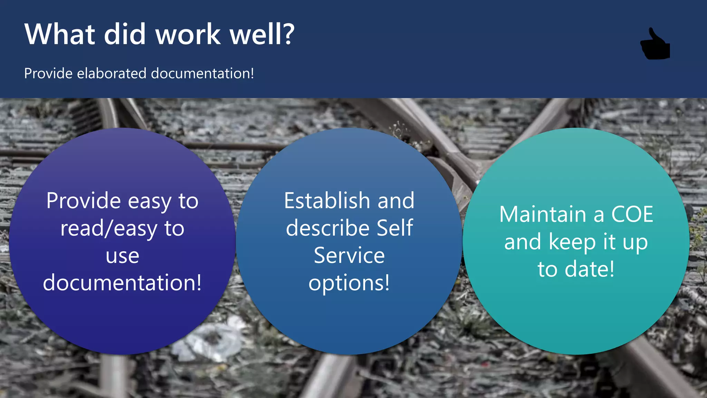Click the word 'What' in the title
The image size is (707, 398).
tap(60, 34)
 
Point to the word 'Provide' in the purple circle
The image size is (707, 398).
tap(84, 201)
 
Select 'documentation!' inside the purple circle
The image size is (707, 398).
tap(123, 283)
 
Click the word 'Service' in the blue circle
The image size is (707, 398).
tap(349, 256)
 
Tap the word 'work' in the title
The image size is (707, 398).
tap(188, 34)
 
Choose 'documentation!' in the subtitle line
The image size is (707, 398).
tap(202, 74)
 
